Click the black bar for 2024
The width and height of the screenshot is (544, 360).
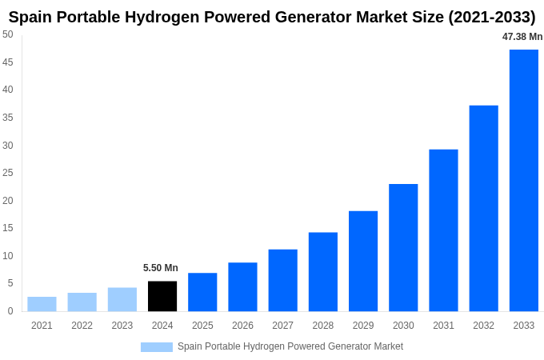coord(162,296)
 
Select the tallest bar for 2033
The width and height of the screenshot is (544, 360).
coord(524,180)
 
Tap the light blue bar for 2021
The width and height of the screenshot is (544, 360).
coord(42,304)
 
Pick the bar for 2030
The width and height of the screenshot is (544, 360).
coord(403,247)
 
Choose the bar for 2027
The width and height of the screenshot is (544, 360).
coord(282,280)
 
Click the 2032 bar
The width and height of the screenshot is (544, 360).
coord(483,208)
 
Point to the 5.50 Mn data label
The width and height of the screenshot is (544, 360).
coord(161,268)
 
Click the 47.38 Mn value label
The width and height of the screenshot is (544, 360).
coord(522,37)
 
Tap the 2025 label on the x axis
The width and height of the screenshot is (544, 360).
coord(202,326)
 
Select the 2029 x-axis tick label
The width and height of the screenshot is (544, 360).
coord(363,326)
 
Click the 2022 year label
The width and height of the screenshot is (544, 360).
coord(82,326)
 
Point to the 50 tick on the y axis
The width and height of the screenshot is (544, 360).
coord(8,34)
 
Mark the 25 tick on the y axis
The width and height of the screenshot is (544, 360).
coord(8,173)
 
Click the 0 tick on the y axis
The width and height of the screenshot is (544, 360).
coord(10,311)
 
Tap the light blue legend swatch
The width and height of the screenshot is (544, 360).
coord(156,347)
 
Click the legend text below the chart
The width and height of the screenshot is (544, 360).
coord(290,346)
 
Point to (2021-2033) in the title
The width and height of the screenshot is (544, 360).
coord(488,17)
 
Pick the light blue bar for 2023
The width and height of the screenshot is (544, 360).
coord(122,299)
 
